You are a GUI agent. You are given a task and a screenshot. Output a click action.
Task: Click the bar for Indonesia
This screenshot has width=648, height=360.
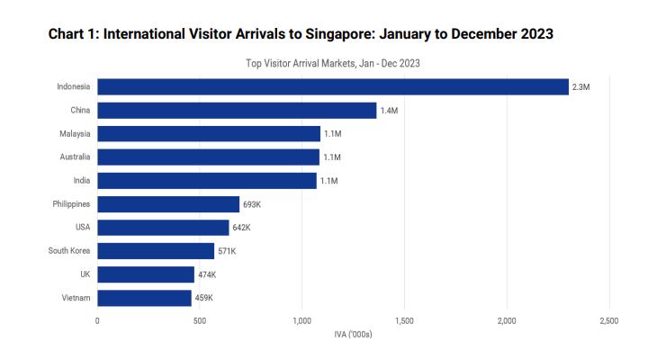(x=333, y=86)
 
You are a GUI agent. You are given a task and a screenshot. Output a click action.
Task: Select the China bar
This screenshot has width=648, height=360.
(x=237, y=110)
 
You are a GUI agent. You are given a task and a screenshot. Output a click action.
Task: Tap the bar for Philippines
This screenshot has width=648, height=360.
(x=168, y=204)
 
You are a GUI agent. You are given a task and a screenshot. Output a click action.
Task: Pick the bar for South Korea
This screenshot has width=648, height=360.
(x=156, y=251)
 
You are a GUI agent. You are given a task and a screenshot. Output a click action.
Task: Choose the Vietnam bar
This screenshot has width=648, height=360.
(x=144, y=298)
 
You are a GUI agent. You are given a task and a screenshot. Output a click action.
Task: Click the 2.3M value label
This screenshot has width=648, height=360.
(x=580, y=87)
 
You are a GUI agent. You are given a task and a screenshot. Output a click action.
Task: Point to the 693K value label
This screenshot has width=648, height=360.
(x=252, y=204)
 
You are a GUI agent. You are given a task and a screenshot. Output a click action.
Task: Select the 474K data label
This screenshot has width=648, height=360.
(x=207, y=274)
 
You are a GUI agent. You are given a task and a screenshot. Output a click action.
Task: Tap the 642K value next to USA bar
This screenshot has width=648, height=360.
(x=242, y=228)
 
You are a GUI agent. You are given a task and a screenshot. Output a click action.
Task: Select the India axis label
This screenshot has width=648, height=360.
(x=80, y=181)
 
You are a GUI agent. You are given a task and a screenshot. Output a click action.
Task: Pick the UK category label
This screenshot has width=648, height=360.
(x=84, y=274)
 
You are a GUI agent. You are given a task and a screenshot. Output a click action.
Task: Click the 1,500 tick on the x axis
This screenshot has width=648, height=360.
(x=405, y=320)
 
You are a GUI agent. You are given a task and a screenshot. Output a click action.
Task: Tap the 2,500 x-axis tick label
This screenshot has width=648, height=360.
(x=609, y=320)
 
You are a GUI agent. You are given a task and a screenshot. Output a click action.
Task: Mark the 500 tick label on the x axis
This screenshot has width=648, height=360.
(x=200, y=320)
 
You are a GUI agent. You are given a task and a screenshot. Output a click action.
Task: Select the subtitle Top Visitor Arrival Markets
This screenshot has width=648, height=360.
(x=333, y=64)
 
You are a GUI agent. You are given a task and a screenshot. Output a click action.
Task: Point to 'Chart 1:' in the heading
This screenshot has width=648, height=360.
(x=74, y=34)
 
